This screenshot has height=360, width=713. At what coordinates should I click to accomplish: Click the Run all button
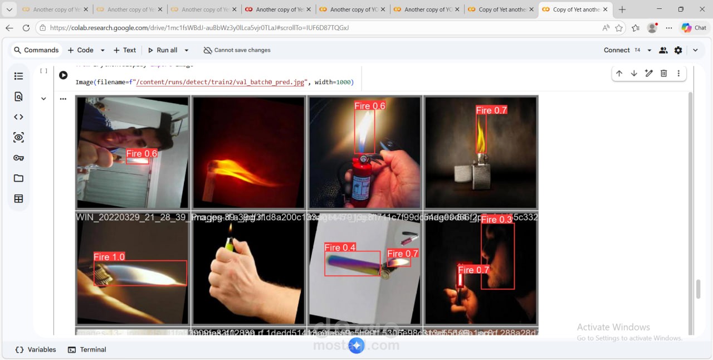coord(162,50)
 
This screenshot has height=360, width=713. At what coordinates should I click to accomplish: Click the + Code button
coord(80,50)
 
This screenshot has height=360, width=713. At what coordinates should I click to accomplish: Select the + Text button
coord(124,50)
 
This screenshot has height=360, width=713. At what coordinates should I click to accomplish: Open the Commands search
coord(36,50)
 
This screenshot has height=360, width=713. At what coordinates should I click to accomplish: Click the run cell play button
coord(64,75)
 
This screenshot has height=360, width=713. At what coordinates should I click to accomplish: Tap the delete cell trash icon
coord(663,74)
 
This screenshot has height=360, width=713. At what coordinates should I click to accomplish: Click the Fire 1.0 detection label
coord(109,257)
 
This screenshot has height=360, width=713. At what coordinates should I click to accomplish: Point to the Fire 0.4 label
coord(340,247)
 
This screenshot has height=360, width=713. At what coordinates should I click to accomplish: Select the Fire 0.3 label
coord(496,220)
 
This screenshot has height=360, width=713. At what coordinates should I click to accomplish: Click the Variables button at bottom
coord(36,349)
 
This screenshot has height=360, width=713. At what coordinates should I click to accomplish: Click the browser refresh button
coord(26,28)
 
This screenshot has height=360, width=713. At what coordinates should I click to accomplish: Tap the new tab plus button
coord(622,9)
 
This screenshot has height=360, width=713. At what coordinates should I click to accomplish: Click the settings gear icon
coord(678,50)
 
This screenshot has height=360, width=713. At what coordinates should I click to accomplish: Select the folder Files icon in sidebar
coord(18,178)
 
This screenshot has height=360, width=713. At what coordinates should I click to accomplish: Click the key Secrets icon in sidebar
coord(18,158)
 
